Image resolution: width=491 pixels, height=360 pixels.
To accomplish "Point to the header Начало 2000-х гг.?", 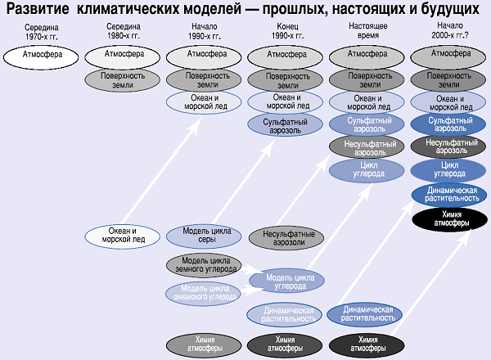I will click(448, 33).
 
